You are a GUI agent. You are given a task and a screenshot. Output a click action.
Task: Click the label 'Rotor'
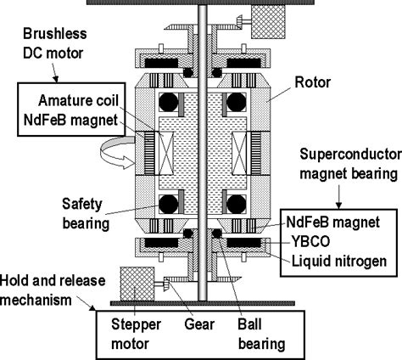point(312,82)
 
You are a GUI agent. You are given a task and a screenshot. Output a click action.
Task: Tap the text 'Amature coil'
point(78,100)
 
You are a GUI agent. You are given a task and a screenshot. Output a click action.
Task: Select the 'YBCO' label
point(310,241)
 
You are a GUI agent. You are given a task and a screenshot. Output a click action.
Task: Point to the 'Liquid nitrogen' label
point(338,261)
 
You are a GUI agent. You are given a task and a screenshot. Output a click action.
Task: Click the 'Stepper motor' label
point(136,334)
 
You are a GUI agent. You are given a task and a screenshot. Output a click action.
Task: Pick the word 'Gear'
point(199,324)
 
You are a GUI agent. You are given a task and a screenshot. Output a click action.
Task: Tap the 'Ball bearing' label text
point(261,335)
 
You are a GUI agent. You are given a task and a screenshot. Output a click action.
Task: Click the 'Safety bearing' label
point(86,214)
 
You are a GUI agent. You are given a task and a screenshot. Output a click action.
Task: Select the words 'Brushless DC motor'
point(54,43)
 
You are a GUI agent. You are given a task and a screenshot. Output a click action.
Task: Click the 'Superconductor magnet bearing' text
point(350,164)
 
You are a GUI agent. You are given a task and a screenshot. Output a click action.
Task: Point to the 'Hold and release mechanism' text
point(53,290)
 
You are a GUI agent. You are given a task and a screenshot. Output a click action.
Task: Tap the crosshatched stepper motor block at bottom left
point(137,284)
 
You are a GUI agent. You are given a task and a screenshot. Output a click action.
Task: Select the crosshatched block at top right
point(268,21)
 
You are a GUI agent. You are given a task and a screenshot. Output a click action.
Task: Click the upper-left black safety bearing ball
point(169,102)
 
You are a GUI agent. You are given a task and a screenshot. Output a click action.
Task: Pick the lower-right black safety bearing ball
point(237,204)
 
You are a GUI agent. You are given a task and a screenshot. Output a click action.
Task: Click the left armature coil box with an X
point(165,153)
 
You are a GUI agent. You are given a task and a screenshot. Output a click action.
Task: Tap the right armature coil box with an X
point(239,153)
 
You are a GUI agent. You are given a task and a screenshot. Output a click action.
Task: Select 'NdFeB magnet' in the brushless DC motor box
point(70,120)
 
